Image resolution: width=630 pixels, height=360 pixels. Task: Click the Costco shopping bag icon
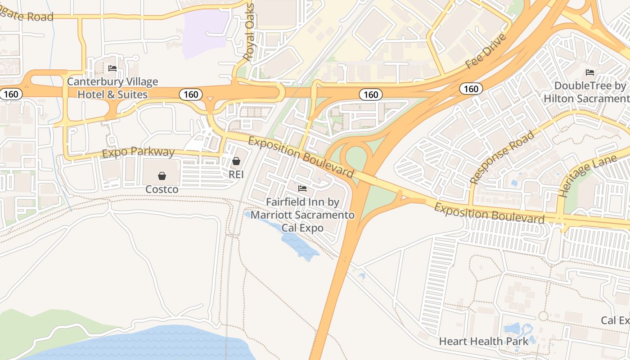[x=162, y=176]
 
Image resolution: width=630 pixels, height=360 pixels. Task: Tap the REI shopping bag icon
[x=236, y=161]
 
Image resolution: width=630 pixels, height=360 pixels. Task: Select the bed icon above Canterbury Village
[x=112, y=68]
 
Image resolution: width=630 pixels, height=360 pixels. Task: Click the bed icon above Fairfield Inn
[x=302, y=189]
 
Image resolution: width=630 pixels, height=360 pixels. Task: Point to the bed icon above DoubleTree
[x=590, y=72]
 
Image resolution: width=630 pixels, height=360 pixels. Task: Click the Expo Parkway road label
[x=138, y=152]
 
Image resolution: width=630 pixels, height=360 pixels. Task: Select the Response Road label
[x=503, y=157]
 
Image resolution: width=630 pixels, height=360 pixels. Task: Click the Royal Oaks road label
[x=249, y=32]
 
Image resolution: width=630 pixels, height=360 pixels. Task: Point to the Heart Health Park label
[x=484, y=341]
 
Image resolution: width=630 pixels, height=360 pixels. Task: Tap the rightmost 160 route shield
[x=471, y=89]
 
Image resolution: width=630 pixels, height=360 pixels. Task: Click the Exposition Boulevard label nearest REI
[x=301, y=157]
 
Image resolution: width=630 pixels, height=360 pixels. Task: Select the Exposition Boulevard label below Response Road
[x=489, y=213]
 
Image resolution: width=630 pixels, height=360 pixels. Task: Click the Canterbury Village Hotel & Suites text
[x=112, y=88]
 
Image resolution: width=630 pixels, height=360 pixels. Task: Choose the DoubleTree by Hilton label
[x=589, y=92]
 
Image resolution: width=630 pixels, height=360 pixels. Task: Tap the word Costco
[x=162, y=189]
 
